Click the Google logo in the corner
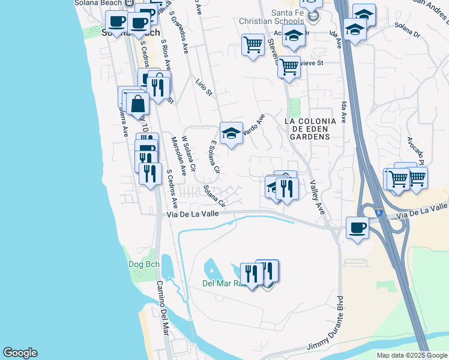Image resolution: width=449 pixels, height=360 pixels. coord(20,353)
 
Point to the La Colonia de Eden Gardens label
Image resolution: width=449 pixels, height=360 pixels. coord(307,129)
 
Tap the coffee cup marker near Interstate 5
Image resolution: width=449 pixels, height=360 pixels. coord(358,228)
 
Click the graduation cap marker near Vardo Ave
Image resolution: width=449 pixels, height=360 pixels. coord(230,134)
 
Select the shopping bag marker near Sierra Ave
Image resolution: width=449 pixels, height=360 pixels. coord(138,103)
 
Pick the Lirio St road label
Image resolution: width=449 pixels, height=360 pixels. coord(205,87)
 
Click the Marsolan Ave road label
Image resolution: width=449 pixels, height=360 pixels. coord(179,154)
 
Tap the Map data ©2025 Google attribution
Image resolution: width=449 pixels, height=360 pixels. coord(411,355)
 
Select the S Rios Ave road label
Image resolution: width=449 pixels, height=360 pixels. coord(167,56)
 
